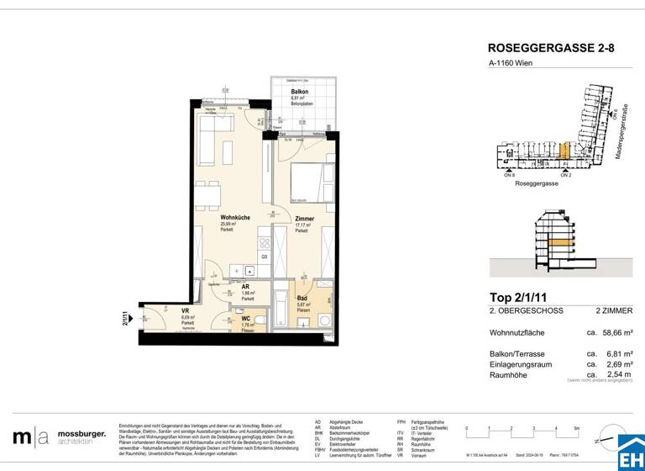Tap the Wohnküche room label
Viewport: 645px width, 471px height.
click(x=233, y=218)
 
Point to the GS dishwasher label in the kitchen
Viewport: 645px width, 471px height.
click(x=264, y=257)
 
